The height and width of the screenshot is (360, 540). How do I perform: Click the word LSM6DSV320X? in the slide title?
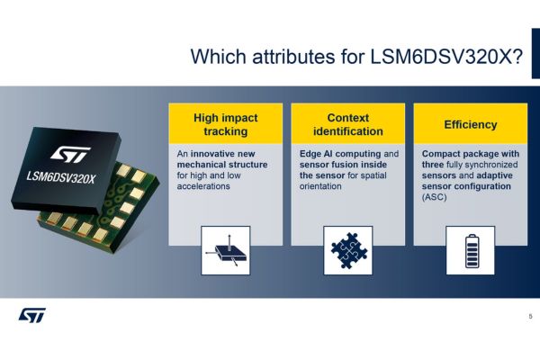point(446,57)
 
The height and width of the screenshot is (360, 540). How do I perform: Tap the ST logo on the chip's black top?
point(70,154)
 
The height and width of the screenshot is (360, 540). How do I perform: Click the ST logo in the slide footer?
point(31,315)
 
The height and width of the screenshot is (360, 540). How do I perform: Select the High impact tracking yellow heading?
point(226,124)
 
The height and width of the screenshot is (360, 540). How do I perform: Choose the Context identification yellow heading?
point(347,124)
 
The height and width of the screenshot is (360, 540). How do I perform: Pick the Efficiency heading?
point(471,124)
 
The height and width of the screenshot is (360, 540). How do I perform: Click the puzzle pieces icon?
point(348,250)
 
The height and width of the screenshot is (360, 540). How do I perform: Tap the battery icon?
point(472,251)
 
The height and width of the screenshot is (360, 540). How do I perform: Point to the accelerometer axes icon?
point(226,251)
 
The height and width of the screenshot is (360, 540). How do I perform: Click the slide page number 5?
point(530,316)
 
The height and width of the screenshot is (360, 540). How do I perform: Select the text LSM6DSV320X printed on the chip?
point(60,178)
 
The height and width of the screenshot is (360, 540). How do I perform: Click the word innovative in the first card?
point(211,154)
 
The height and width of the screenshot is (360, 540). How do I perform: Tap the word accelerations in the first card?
point(203,186)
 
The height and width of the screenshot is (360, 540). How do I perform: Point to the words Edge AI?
point(316,154)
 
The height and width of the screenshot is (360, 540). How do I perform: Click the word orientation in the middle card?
point(320,186)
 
